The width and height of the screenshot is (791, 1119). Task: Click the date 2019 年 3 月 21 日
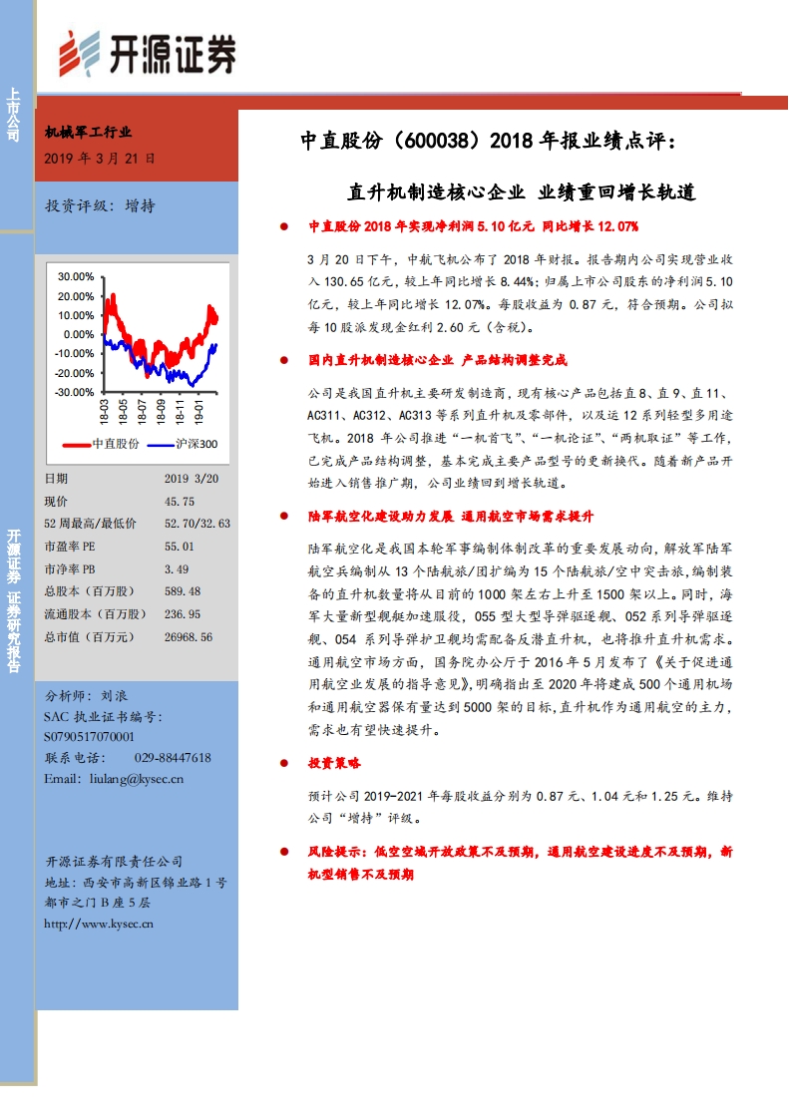click(x=101, y=158)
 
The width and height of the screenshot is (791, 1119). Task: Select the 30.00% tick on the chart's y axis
click(x=75, y=276)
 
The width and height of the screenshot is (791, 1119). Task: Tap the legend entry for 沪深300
click(x=183, y=444)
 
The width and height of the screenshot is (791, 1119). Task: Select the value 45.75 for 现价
click(x=180, y=502)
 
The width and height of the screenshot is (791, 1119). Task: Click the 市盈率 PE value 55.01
click(x=180, y=547)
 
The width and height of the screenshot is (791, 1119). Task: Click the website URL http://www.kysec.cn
click(x=99, y=924)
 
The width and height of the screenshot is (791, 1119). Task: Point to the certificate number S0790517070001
click(x=89, y=736)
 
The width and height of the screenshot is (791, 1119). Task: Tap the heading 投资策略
click(x=335, y=763)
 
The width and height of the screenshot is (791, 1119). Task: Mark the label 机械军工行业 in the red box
click(x=89, y=132)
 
